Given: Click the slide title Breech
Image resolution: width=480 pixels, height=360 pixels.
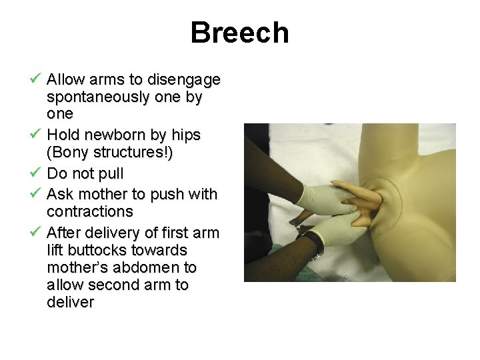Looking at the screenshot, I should point(239,33).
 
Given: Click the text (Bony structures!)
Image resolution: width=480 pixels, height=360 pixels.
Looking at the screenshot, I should point(110,153).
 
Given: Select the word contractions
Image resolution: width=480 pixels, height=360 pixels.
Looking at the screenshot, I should point(90,212).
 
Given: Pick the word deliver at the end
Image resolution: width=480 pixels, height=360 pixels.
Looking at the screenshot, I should point(71,302).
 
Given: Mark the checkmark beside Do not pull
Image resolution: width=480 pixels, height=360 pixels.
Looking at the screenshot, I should point(37,173).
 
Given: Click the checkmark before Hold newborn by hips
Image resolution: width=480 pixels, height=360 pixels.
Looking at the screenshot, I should point(37,135).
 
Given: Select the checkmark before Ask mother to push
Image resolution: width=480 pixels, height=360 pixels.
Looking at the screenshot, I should point(37,194).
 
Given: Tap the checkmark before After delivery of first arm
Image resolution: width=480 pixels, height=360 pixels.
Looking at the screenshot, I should point(37,233).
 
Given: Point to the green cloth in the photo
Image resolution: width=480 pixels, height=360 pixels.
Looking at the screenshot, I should point(280,263).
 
